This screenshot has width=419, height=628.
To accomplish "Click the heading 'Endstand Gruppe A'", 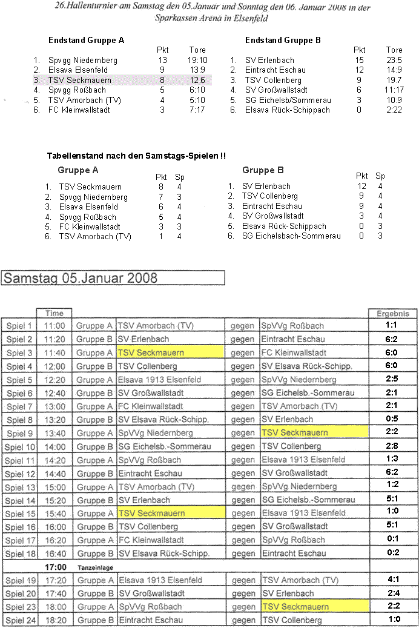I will [86, 41].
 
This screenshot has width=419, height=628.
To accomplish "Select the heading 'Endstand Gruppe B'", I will [283, 41].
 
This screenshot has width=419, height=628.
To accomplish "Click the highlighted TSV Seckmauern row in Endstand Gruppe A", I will [121, 80].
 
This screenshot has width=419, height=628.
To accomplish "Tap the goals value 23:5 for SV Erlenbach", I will [394, 61].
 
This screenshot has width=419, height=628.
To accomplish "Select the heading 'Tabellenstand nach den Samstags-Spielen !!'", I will [136, 156].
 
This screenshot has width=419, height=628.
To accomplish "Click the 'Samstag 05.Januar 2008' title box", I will [114, 278].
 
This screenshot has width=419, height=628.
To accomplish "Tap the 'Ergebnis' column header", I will [393, 314].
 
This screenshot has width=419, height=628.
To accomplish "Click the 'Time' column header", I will [54, 314].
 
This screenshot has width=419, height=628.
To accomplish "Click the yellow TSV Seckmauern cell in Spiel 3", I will [170, 352].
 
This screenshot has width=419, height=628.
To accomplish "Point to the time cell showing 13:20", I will [54, 420].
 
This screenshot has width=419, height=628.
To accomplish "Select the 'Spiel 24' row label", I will [20, 620].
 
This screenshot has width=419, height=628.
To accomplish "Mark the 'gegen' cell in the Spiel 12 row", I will [242, 473].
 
